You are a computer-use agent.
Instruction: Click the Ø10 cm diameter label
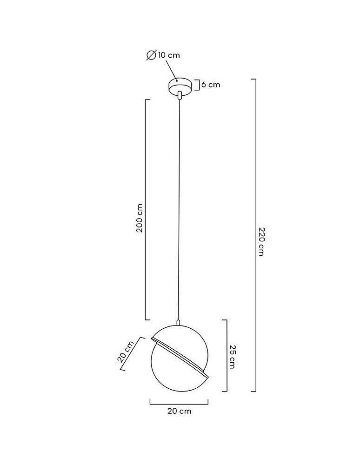click(x=163, y=55)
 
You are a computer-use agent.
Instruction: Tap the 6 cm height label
click(x=211, y=85)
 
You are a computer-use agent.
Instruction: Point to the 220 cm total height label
click(x=261, y=242)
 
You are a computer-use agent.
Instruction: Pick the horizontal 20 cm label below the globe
click(x=179, y=411)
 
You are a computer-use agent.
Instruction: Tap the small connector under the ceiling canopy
click(x=180, y=95)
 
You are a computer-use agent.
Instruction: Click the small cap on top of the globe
click(x=178, y=321)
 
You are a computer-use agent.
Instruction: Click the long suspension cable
click(x=179, y=209)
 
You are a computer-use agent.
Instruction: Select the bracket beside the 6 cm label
click(x=198, y=85)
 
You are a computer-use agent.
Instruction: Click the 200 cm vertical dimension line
click(x=146, y=209)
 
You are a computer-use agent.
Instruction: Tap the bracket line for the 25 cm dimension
click(x=227, y=356)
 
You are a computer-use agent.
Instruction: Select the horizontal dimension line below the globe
click(x=179, y=401)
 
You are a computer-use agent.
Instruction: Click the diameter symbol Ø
click(x=151, y=55)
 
